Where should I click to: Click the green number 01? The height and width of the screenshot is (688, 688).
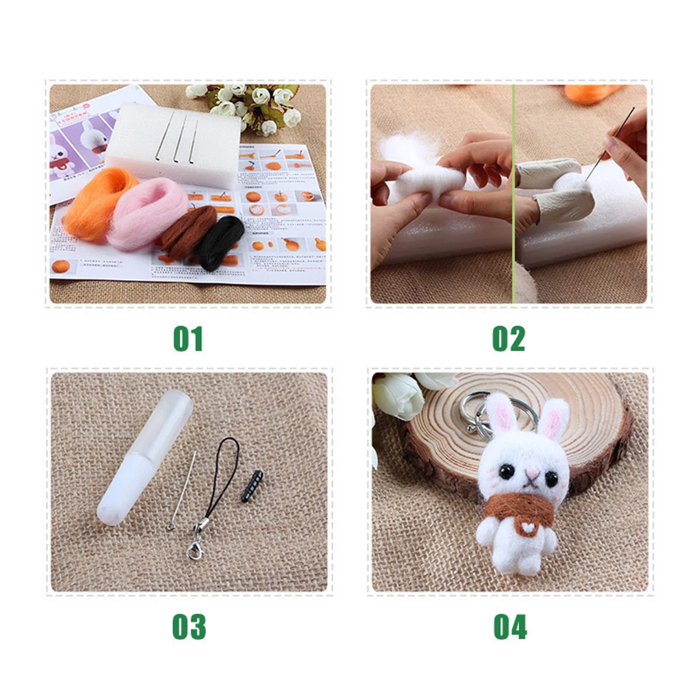(188, 338)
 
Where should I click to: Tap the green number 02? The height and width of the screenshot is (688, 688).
(509, 338)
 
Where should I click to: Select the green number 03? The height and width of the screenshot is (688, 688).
(188, 627)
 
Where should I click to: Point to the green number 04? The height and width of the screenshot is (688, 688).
(510, 627)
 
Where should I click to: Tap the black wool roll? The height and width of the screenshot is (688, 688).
(222, 241)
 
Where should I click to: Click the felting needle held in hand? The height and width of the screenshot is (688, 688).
(611, 141)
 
